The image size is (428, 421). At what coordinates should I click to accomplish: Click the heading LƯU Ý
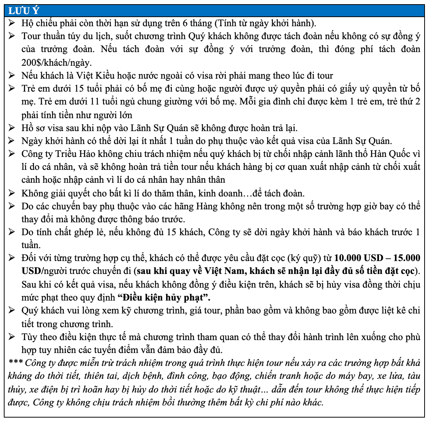click(x=24, y=10)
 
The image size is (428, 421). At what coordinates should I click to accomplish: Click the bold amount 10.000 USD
click(x=359, y=258)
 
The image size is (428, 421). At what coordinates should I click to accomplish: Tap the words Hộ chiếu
click(x=37, y=23)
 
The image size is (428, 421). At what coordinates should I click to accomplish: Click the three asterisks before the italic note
click(x=16, y=363)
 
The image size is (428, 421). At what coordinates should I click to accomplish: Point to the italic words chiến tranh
click(x=274, y=376)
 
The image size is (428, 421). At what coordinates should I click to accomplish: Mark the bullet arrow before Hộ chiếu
click(x=12, y=23)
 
